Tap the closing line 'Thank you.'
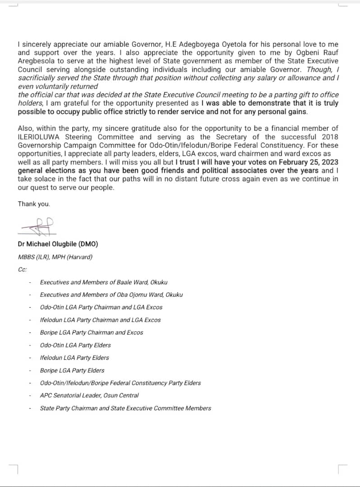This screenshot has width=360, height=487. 34,204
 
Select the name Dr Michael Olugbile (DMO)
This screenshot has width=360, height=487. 58,244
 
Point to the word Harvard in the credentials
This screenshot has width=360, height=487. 85,257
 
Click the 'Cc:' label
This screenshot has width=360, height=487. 22,269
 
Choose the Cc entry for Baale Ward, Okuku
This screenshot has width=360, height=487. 103,282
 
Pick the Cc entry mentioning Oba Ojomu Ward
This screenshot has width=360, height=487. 111,294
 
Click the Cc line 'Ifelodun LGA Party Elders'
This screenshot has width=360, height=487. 74,358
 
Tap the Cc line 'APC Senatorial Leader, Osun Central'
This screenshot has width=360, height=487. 89,395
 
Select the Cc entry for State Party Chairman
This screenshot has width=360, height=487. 125,408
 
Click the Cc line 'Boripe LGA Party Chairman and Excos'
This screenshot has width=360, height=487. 91,332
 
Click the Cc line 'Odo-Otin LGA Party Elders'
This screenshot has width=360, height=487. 75,345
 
